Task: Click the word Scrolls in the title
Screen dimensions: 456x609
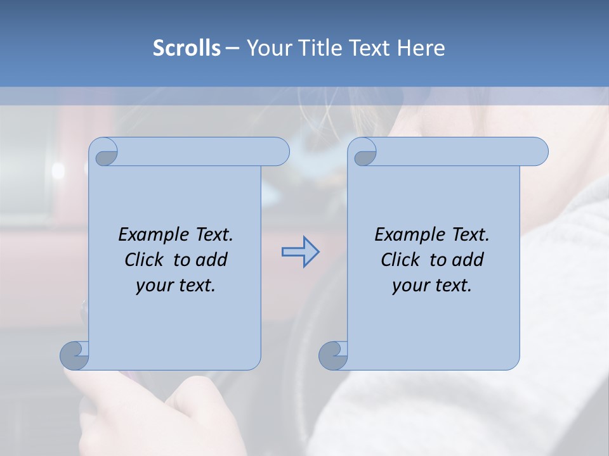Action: tap(187, 48)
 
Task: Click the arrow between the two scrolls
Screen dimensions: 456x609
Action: tap(300, 252)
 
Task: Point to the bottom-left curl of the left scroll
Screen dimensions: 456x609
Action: tap(74, 355)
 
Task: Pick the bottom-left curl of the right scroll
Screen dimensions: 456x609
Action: tap(333, 355)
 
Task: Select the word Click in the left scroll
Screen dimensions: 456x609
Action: tap(146, 260)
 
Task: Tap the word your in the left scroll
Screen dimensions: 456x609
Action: tap(154, 286)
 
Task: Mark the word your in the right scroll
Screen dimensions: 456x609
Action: tap(410, 286)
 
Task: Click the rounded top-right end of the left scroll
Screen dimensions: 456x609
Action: tap(279, 151)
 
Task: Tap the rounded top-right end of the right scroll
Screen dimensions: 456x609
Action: tap(538, 151)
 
